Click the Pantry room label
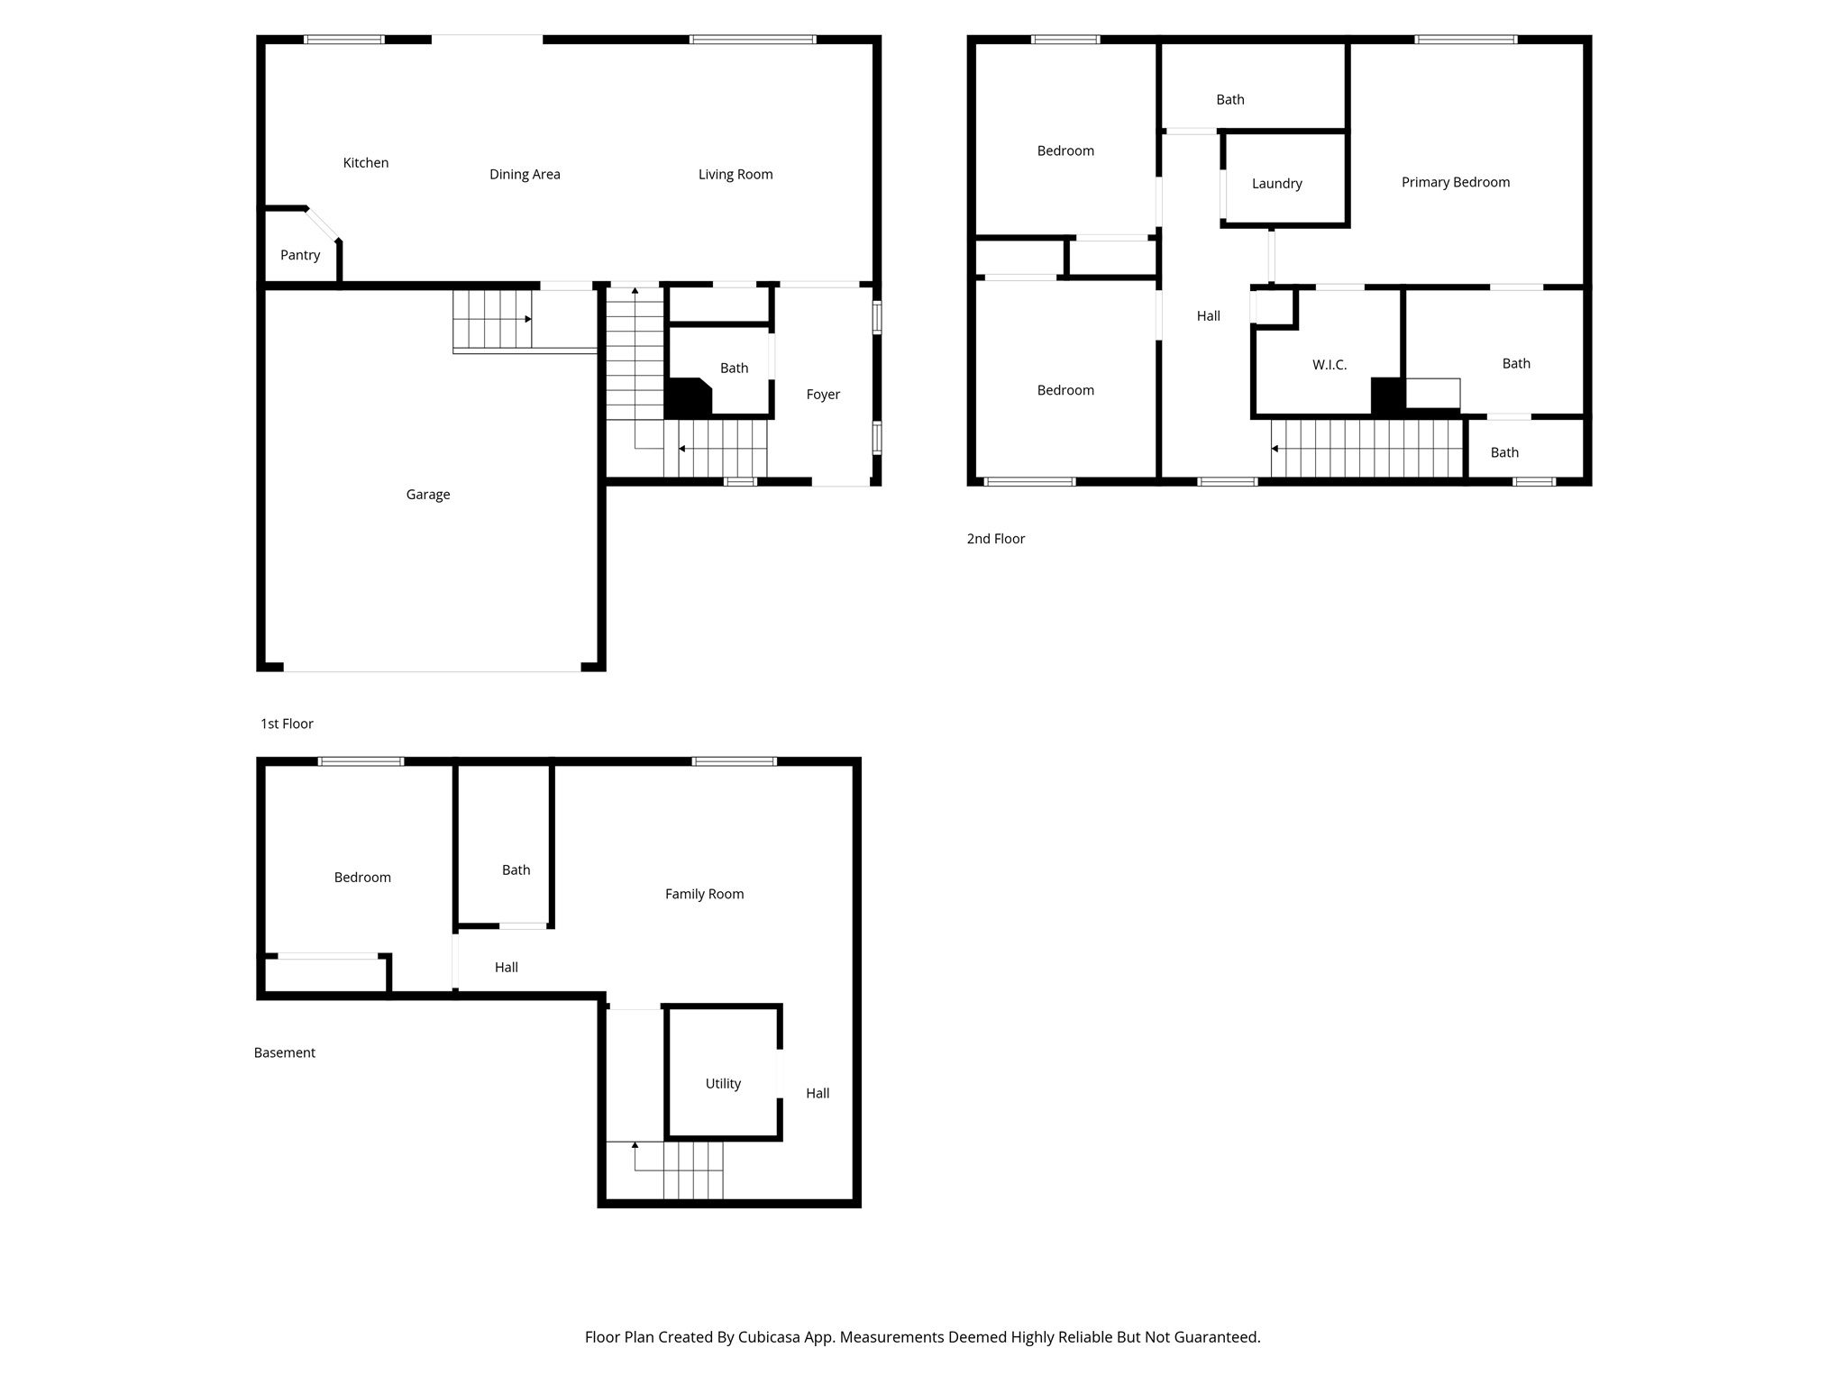coord(300,255)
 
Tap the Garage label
coord(427,495)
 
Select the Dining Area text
coord(525,175)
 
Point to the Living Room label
coord(736,175)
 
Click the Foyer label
coord(823,395)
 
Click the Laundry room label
coord(1276,184)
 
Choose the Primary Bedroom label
coord(1455,182)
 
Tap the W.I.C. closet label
coord(1330,365)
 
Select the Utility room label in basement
coord(723,1084)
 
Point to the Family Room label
coord(704,894)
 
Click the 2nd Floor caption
coord(996,539)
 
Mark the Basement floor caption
coord(284,1052)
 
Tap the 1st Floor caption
coord(287,724)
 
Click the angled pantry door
coord(322,224)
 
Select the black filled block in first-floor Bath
coord(686,397)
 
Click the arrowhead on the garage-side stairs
coord(528,319)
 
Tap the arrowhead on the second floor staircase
coord(1275,449)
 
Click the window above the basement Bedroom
coord(361,761)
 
